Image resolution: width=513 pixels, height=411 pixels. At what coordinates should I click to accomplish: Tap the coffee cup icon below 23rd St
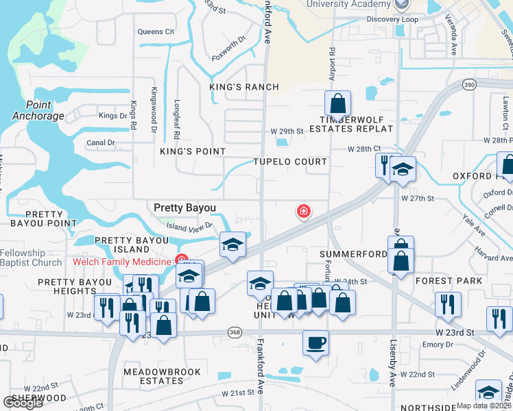pyautogui.click(x=315, y=342)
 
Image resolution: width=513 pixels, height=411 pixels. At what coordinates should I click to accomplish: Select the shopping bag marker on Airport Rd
pyautogui.click(x=337, y=104)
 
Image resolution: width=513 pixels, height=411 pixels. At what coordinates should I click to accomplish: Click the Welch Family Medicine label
pyautogui.click(x=122, y=262)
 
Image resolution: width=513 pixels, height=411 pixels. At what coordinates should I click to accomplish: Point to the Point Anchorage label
pyautogui.click(x=38, y=110)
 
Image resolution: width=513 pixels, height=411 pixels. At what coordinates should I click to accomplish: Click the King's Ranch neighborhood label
pyautogui.click(x=244, y=87)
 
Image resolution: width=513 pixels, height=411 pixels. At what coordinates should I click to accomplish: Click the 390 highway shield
pyautogui.click(x=468, y=84)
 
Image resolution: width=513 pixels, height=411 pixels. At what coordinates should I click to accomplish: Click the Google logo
pyautogui.click(x=23, y=403)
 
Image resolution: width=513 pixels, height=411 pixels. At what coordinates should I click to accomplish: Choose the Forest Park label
pyautogui.click(x=443, y=281)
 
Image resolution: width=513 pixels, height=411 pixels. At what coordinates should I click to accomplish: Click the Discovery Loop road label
pyautogui.click(x=392, y=20)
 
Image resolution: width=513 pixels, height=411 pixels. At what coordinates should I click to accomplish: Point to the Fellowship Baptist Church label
pyautogui.click(x=31, y=258)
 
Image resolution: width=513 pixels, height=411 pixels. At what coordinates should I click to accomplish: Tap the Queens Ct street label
pyautogui.click(x=156, y=32)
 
